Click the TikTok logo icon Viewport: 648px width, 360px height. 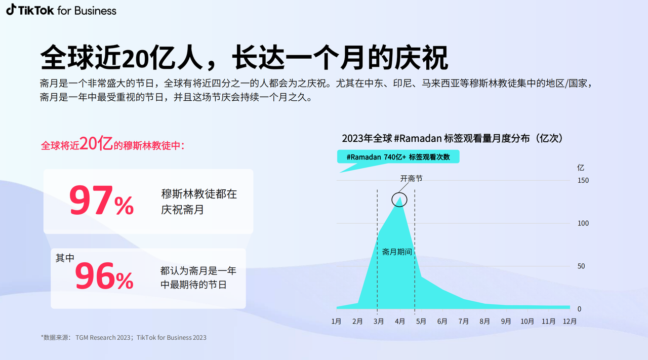click(11, 10)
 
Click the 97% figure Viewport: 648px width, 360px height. click(101, 201)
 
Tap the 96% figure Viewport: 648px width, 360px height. click(104, 276)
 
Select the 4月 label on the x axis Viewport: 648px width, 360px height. click(400, 321)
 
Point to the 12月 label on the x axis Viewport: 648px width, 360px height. click(570, 321)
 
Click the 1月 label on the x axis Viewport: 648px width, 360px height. click(336, 321)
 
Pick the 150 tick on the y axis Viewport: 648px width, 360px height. click(583, 180)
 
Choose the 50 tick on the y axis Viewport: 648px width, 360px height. click(581, 266)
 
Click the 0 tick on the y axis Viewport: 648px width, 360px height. click(580, 309)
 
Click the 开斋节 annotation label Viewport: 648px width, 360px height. click(412, 178)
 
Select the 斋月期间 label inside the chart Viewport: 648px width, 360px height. click(397, 252)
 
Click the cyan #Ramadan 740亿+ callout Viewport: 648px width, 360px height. click(398, 156)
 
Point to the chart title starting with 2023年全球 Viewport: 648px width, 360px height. click(453, 138)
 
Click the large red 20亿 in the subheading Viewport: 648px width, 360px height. click(96, 143)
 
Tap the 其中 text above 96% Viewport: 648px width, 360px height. click(65, 258)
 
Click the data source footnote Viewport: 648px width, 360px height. click(124, 337)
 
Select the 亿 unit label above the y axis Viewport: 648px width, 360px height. click(581, 168)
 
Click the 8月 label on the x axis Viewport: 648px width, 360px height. click(484, 321)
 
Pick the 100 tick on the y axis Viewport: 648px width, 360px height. click(583, 223)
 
